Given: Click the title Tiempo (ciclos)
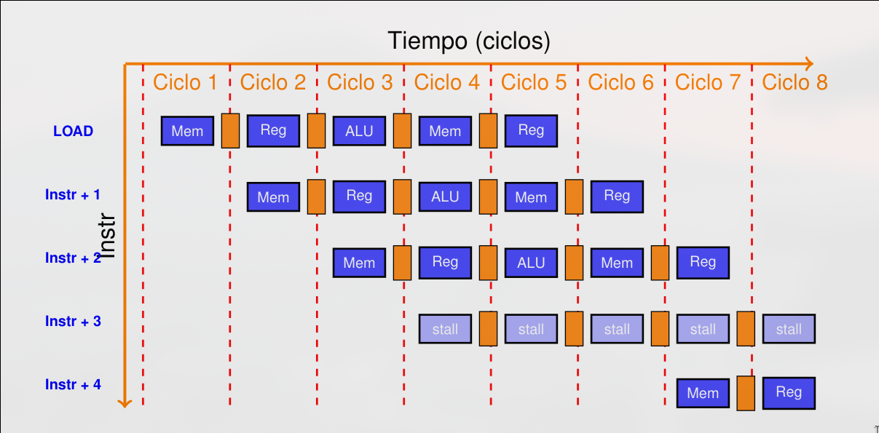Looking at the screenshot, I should point(468,41).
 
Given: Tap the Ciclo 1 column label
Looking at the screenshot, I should point(185,82).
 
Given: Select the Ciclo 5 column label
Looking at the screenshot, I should point(533,82).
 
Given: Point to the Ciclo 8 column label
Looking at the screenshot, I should point(795,82).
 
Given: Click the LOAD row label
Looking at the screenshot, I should point(73,131).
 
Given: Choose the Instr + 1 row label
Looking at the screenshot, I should point(73,194).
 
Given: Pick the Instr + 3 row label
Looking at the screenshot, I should point(73,321).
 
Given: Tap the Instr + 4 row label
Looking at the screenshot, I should point(73,384).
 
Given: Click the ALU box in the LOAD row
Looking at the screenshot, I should point(359,131).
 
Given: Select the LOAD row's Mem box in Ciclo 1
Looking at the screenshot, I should point(187,131).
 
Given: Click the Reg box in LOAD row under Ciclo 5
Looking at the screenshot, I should point(531,130).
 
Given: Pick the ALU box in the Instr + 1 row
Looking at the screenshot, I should point(445,196).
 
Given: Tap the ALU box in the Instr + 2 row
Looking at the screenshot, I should point(531,263).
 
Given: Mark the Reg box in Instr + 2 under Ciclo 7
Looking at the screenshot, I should point(703,263).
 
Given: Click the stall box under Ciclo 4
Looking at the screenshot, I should point(445,329).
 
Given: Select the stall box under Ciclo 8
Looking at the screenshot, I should point(789,329).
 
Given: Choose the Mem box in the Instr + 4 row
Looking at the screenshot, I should point(703,393).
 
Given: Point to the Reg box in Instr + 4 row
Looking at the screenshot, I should point(789,393).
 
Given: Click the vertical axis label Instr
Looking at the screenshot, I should point(107,236).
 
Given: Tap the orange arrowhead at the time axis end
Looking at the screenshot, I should point(808,64).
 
